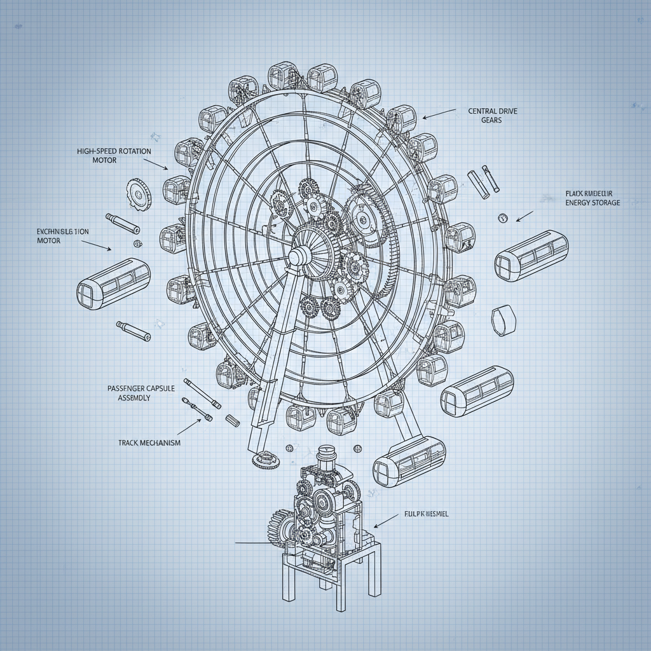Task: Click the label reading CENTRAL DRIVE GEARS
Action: click(x=493, y=115)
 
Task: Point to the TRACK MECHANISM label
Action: click(x=149, y=442)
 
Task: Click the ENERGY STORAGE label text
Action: click(x=593, y=198)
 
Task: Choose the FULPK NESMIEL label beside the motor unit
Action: click(x=426, y=514)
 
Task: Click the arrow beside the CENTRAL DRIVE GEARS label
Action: click(x=439, y=113)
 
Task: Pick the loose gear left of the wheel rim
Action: click(x=138, y=193)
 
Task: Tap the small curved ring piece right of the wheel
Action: click(x=502, y=320)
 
